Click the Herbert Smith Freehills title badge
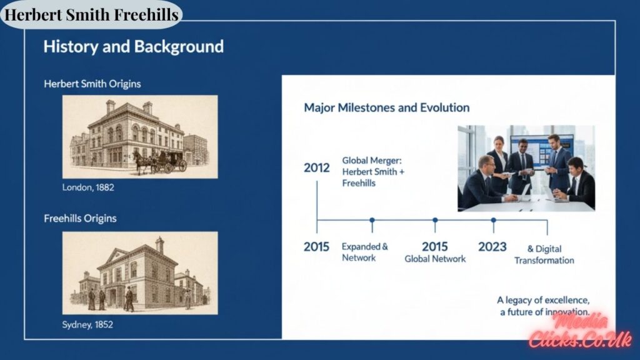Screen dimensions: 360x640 point(91,14)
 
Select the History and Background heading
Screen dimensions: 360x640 point(133,47)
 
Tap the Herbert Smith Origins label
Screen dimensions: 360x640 point(92,84)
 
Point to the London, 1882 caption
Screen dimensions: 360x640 point(88,187)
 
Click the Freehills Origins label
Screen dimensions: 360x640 point(80,219)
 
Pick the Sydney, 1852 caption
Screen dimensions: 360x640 point(87,325)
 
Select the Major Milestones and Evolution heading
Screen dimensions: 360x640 point(386,107)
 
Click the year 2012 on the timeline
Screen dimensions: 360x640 point(316,168)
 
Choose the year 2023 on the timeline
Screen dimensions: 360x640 point(492,247)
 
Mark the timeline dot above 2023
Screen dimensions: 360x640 point(493,220)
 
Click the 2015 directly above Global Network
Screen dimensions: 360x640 point(435,246)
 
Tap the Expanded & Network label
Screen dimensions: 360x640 point(364,252)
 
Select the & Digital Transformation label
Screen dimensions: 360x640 point(544,254)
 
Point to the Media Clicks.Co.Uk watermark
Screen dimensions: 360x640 point(580,331)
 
